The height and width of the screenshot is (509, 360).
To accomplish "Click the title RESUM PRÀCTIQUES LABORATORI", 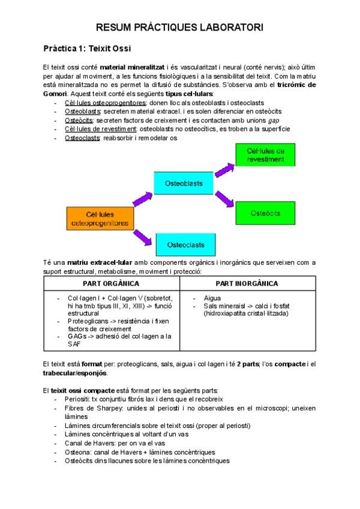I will click(179, 28).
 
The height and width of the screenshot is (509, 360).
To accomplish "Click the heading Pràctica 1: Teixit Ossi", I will click(87, 47).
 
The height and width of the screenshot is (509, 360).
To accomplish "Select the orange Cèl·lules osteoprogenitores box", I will click(98, 218).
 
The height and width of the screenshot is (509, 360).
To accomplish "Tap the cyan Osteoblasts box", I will click(184, 182).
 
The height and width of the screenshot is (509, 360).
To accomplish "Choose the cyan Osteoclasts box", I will click(185, 245).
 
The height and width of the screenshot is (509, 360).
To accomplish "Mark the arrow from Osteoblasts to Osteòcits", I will click(225, 197).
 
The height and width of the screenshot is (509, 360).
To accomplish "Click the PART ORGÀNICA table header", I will click(112, 283).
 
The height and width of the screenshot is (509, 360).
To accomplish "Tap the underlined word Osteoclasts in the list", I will click(82, 137).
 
